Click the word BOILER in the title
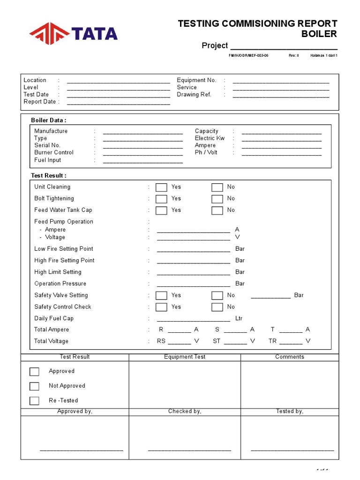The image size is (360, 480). [319, 34]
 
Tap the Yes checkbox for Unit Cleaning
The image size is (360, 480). [161, 187]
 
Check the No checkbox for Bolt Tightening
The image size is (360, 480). [217, 199]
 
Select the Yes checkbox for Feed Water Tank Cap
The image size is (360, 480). [161, 210]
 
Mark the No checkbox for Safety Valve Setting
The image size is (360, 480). [217, 295]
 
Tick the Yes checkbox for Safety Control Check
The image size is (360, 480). [161, 307]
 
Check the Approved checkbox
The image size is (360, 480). [34, 371]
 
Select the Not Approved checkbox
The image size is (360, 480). [34, 386]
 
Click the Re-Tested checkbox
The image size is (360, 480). [34, 401]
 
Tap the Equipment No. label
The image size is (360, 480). [196, 80]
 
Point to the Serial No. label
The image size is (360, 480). [47, 145]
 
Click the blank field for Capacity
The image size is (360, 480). [281, 132]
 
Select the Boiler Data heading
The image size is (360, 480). [49, 120]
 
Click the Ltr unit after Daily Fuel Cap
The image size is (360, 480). [239, 318]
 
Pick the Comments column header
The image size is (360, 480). [290, 357]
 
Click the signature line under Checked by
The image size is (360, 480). [189, 450]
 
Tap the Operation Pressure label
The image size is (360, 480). [60, 284]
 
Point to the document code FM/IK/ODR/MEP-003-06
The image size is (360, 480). [248, 55]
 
